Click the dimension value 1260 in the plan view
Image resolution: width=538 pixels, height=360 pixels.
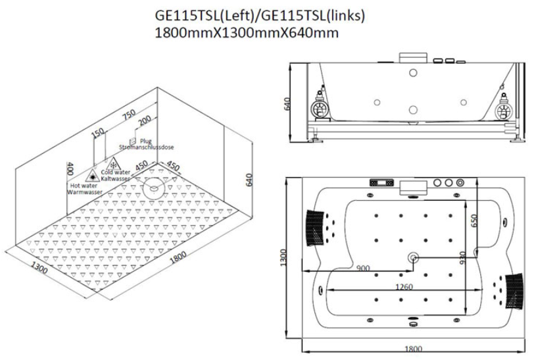404,286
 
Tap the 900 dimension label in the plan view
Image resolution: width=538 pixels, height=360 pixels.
363,268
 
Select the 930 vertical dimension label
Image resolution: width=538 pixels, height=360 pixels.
462,258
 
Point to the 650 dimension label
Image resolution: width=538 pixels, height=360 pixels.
474,220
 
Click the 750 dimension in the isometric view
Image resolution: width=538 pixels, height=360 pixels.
130,115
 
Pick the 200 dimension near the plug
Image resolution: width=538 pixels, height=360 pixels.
145,120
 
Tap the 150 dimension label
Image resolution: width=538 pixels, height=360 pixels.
98,133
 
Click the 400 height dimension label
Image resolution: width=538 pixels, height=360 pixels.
70,168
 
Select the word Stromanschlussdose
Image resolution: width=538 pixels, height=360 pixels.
147,147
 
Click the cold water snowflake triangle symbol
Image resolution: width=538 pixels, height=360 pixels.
113,165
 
